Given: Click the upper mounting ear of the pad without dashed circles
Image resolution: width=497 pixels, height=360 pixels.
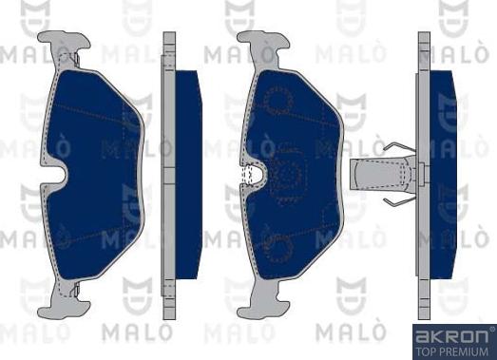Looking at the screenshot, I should [67, 47].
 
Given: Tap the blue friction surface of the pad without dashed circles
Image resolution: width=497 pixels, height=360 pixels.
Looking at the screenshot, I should [90, 133].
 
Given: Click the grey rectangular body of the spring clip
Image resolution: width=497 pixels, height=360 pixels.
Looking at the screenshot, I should [379, 175].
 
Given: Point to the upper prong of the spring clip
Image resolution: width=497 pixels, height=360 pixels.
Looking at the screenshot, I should [399, 151].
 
